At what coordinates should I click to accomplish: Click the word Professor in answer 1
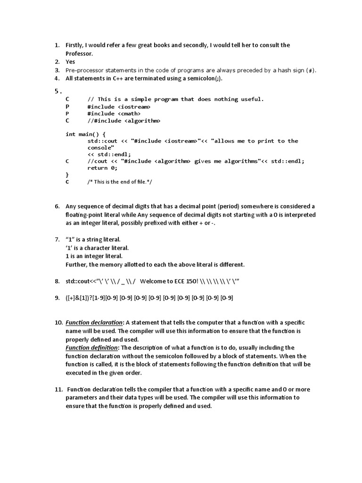pyautogui.click(x=79, y=53)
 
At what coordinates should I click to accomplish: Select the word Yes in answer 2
pyautogui.click(x=70, y=62)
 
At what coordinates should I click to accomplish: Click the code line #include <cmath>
pyautogui.click(x=114, y=114)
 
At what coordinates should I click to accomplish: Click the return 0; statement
pyautogui.click(x=102, y=168)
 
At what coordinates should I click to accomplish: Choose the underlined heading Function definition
pyautogui.click(x=92, y=348)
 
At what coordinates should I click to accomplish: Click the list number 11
pyautogui.click(x=58, y=390)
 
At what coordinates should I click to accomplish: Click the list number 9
pyautogui.click(x=57, y=298)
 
